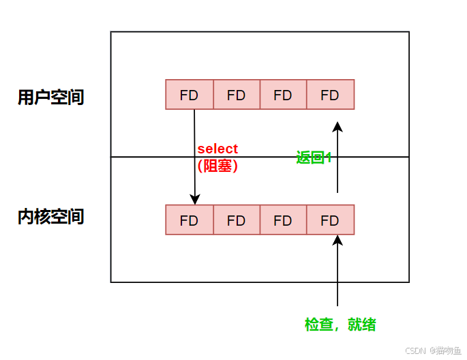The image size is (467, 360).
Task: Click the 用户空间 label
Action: [51, 97]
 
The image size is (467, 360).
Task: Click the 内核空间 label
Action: [51, 217]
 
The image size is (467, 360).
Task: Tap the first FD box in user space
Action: [189, 95]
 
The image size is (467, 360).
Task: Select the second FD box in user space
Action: [236, 95]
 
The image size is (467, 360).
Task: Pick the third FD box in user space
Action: [283, 95]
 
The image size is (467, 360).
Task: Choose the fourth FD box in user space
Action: [330, 95]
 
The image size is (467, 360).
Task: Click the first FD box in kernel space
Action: [189, 220]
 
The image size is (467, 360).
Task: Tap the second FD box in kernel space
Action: [236, 220]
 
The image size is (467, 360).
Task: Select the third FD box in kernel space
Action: [283, 220]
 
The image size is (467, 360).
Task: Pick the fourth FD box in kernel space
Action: [330, 220]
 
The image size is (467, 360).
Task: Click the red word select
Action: [217, 149]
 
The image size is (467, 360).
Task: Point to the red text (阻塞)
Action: [217, 165]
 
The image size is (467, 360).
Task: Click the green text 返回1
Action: [314, 157]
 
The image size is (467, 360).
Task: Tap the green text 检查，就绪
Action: [340, 325]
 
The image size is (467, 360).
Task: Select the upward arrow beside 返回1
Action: [337, 157]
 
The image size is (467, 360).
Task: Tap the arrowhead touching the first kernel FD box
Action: [194, 199]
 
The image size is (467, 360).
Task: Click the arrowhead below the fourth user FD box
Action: [337, 126]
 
